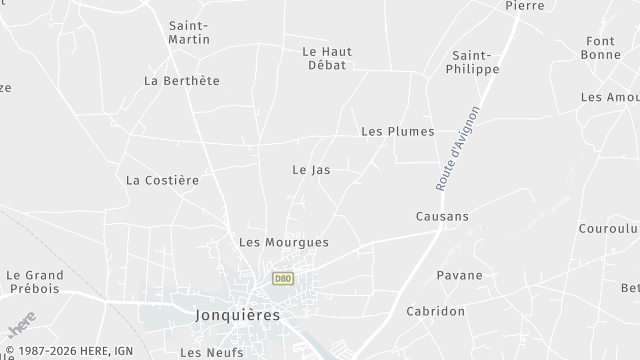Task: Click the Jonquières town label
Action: pos(235,313)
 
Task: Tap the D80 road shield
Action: pos(283,278)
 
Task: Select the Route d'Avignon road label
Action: pos(458,148)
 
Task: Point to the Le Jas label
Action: pos(311,170)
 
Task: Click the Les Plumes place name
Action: pos(397,131)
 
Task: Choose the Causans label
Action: pos(442,216)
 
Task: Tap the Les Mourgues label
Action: pos(284,242)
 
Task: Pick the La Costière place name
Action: pos(163,180)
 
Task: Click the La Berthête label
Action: pos(182,80)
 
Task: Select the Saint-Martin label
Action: pos(189,32)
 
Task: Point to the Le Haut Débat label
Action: pos(327,58)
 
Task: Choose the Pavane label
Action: pos(459,275)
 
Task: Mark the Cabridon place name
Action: pos(435,311)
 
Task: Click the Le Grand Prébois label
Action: pos(34,282)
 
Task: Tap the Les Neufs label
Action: pos(205,352)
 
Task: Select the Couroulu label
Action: pos(608,228)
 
